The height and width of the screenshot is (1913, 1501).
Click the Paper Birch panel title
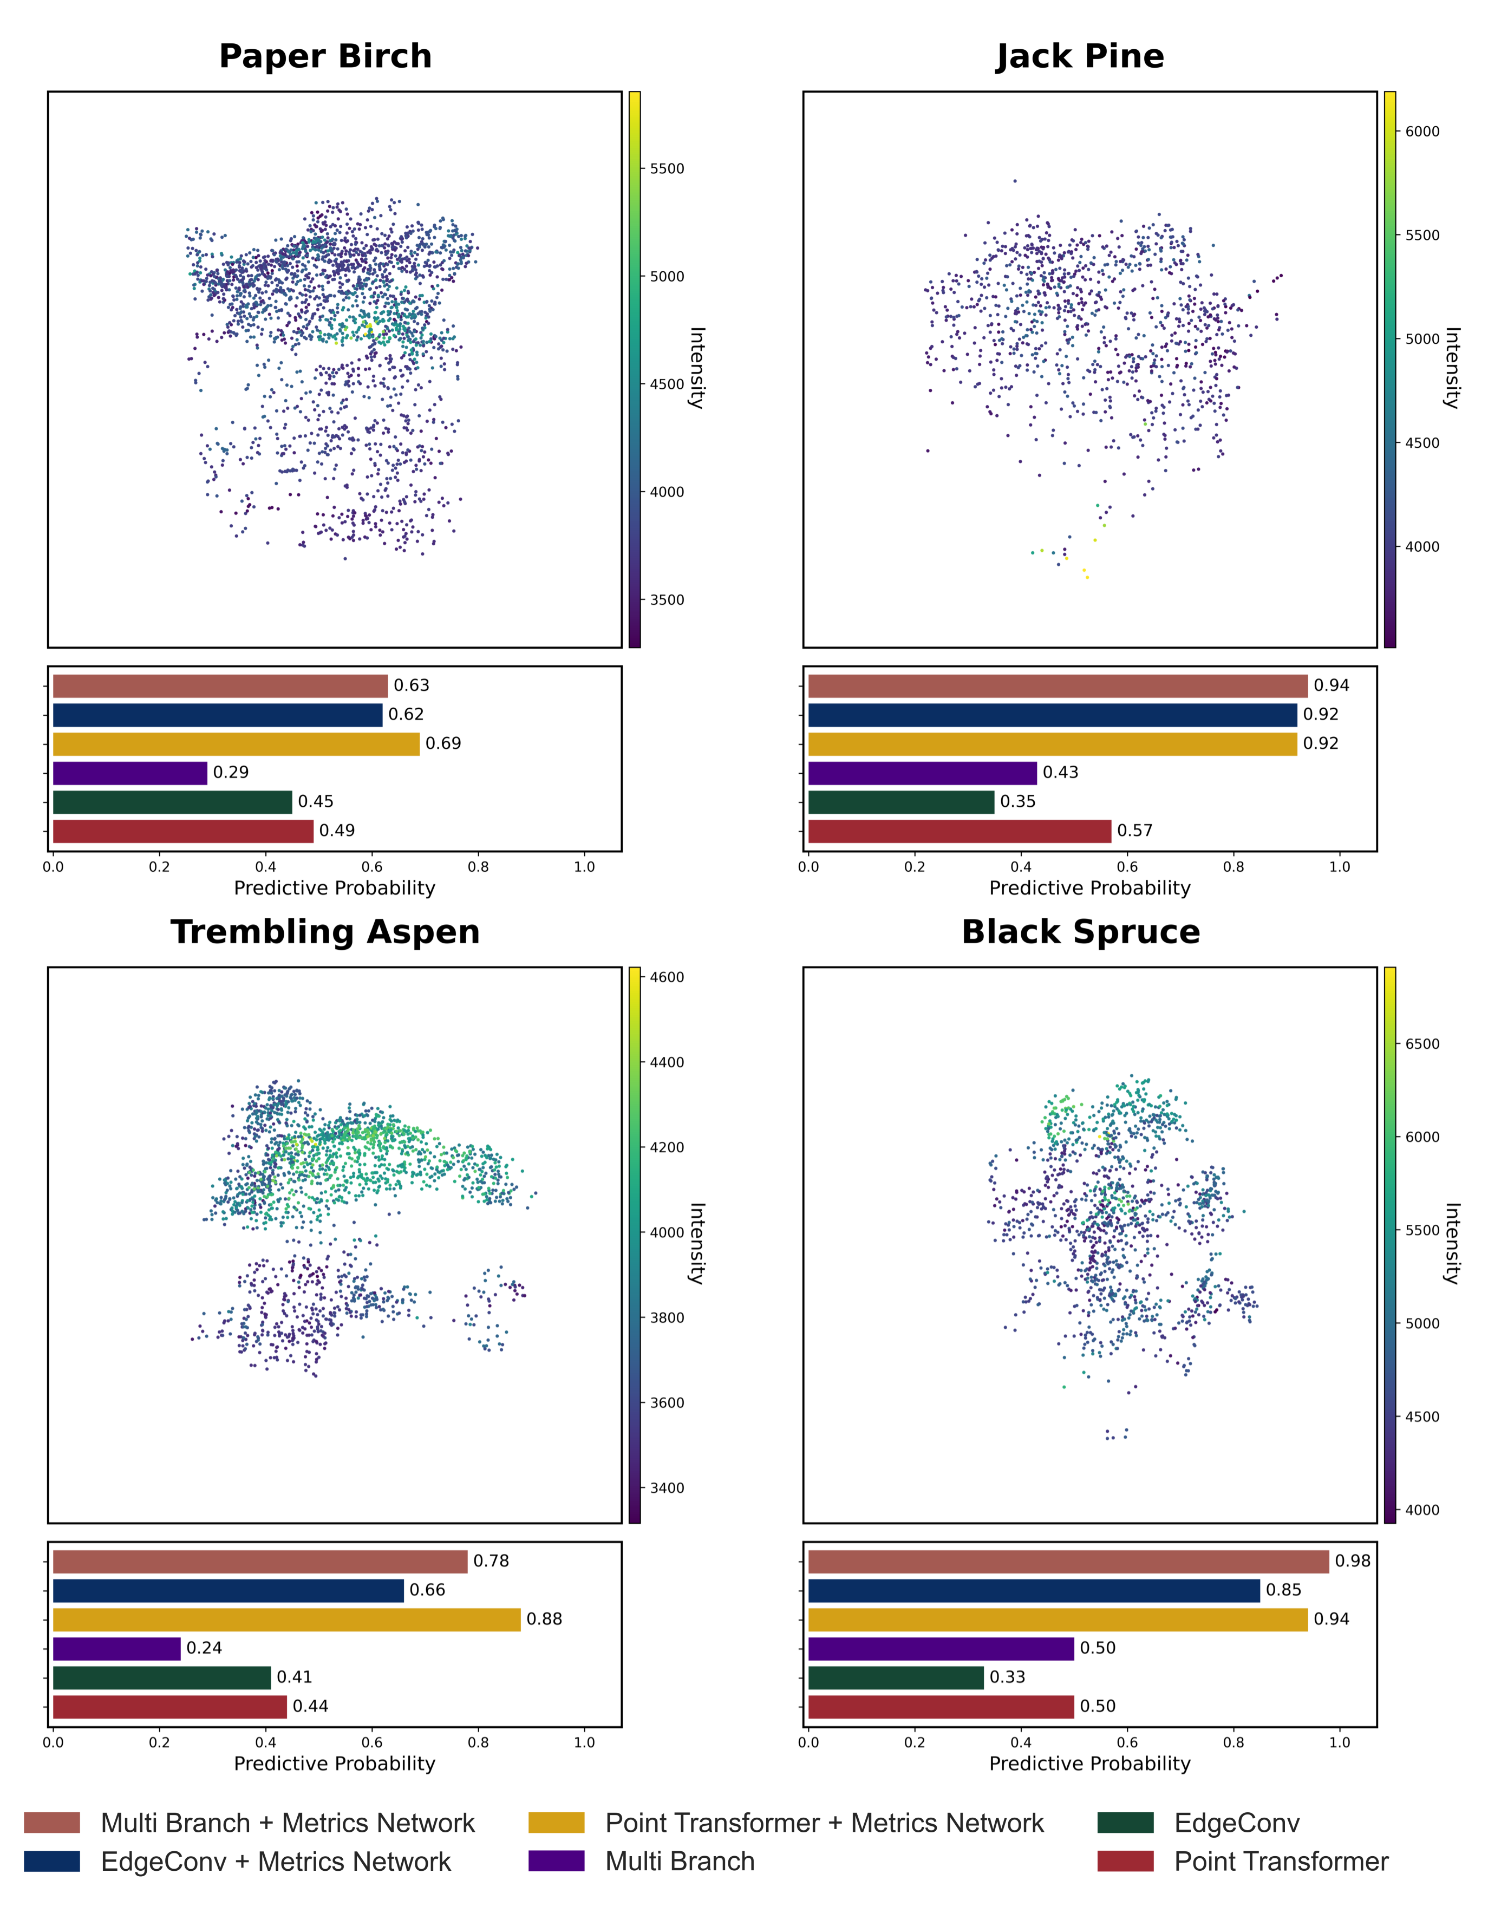click(x=325, y=57)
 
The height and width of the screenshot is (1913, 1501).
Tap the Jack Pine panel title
click(x=1080, y=57)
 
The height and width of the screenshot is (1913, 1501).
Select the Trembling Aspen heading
click(x=325, y=932)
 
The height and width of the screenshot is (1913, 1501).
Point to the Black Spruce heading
click(x=1080, y=932)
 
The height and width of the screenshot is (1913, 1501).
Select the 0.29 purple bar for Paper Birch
click(x=130, y=773)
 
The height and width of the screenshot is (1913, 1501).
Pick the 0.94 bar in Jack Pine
click(x=1057, y=686)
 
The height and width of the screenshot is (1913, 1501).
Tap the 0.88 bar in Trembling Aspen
click(x=286, y=1620)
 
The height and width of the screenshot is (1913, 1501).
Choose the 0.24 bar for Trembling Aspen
click(x=117, y=1649)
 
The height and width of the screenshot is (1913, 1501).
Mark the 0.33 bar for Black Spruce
click(x=896, y=1677)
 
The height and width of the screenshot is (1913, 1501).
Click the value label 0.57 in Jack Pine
click(x=1134, y=831)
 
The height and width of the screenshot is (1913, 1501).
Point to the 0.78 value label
click(x=491, y=1562)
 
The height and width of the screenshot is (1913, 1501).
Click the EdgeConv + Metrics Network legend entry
click(x=275, y=1862)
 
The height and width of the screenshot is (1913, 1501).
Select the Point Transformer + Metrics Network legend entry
click(x=824, y=1823)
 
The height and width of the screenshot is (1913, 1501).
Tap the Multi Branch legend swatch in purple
click(x=556, y=1862)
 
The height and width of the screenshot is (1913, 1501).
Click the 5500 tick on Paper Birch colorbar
click(x=667, y=169)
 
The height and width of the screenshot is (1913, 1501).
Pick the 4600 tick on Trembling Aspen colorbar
click(x=667, y=977)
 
